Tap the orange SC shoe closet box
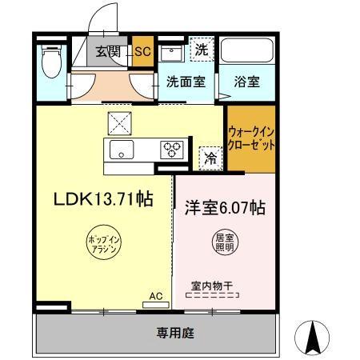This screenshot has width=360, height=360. click(142, 52)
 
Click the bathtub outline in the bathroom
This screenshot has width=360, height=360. click(246, 51)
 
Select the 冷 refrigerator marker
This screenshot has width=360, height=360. click(209, 158)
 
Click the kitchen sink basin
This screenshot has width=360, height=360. click(122, 148)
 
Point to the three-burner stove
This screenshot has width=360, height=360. click(172, 148)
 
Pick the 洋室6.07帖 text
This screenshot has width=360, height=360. click(227, 207)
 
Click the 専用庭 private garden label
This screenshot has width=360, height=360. click(171, 331)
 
